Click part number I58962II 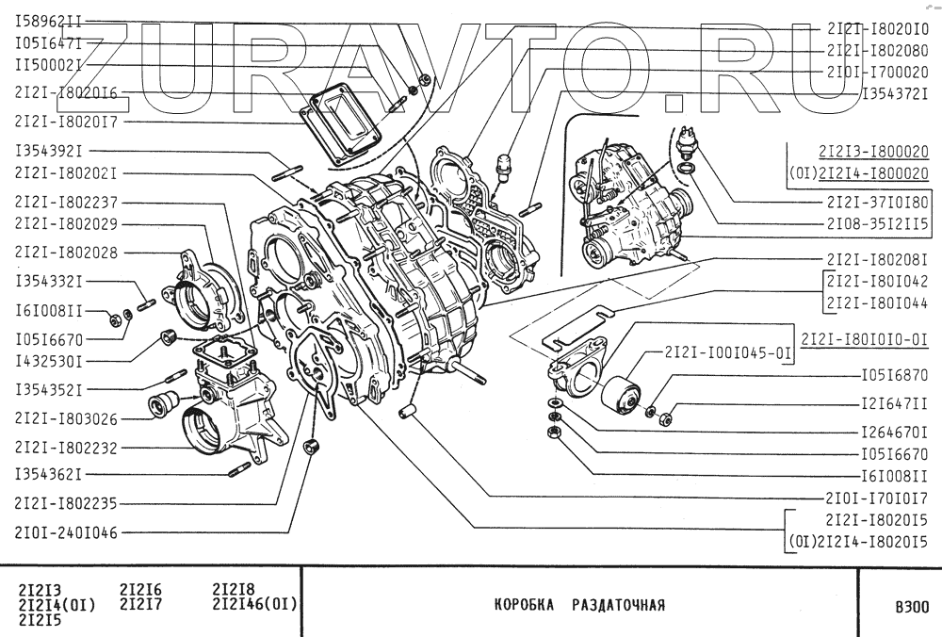click(50, 18)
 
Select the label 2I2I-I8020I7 click(66, 121)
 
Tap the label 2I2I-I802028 click(66, 253)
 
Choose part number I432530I click(50, 361)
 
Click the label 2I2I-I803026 click(66, 418)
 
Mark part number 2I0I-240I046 click(66, 532)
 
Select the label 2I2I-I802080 click(877, 50)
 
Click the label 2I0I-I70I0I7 click(877, 497)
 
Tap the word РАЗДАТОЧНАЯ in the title click(619, 605)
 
